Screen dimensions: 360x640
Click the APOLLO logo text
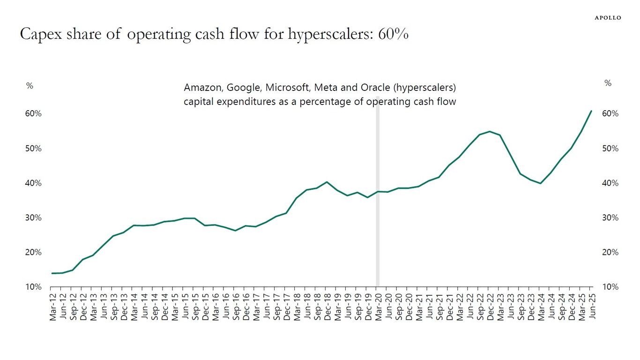pos(608,18)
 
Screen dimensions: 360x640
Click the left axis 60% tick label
pos(33,114)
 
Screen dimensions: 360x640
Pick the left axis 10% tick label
pos(33,287)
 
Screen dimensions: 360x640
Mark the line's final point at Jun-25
pos(591,111)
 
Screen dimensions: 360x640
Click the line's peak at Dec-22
pos(489,131)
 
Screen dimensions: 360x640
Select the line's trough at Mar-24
pos(540,183)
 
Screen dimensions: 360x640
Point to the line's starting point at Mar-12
pos(52,273)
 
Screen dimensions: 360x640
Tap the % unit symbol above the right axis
pos(608,83)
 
